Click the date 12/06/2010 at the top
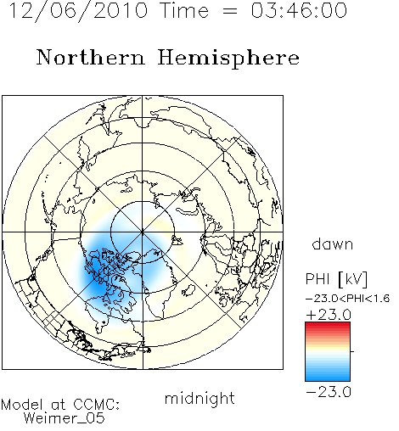(x=79, y=10)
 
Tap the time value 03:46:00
(x=299, y=10)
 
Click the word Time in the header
(x=184, y=10)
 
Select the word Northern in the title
(x=91, y=57)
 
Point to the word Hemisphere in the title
(x=228, y=59)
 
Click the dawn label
(x=333, y=243)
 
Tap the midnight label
(x=199, y=398)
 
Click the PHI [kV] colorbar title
(x=336, y=279)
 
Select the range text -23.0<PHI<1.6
(x=348, y=299)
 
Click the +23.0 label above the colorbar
(x=329, y=315)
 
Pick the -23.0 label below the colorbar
(x=329, y=392)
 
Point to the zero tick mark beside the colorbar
(x=352, y=351)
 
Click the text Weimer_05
(x=65, y=418)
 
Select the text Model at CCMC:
(x=60, y=405)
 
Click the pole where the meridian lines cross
(x=143, y=232)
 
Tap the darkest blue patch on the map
(x=95, y=271)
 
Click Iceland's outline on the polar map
(x=188, y=291)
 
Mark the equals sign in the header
(x=230, y=11)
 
